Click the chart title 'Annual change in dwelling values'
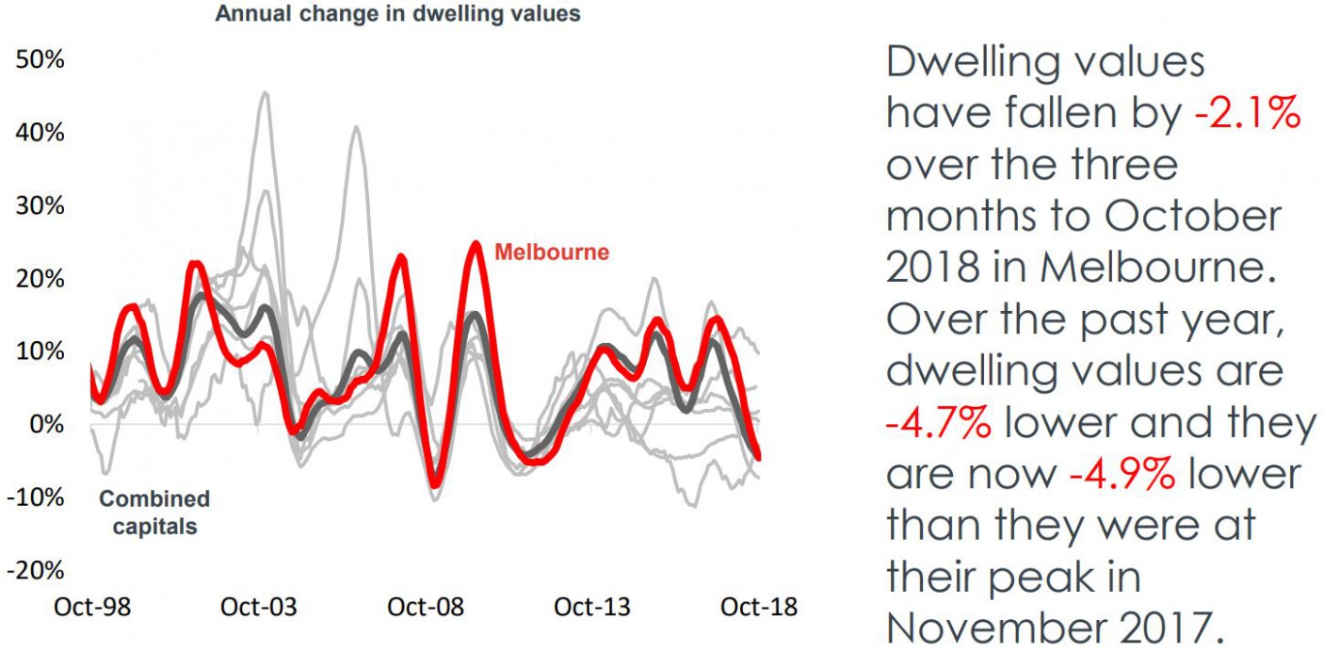(397, 14)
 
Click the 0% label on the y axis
(45, 424)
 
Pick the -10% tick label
(36, 497)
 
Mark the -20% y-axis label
(36, 570)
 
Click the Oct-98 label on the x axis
(92, 608)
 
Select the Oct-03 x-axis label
(259, 608)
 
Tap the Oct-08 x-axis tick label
(426, 608)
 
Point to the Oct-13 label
(592, 608)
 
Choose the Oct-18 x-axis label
(758, 608)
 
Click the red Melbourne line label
(552, 253)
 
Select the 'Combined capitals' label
(154, 513)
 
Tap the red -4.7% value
(938, 424)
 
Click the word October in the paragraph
(1192, 218)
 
